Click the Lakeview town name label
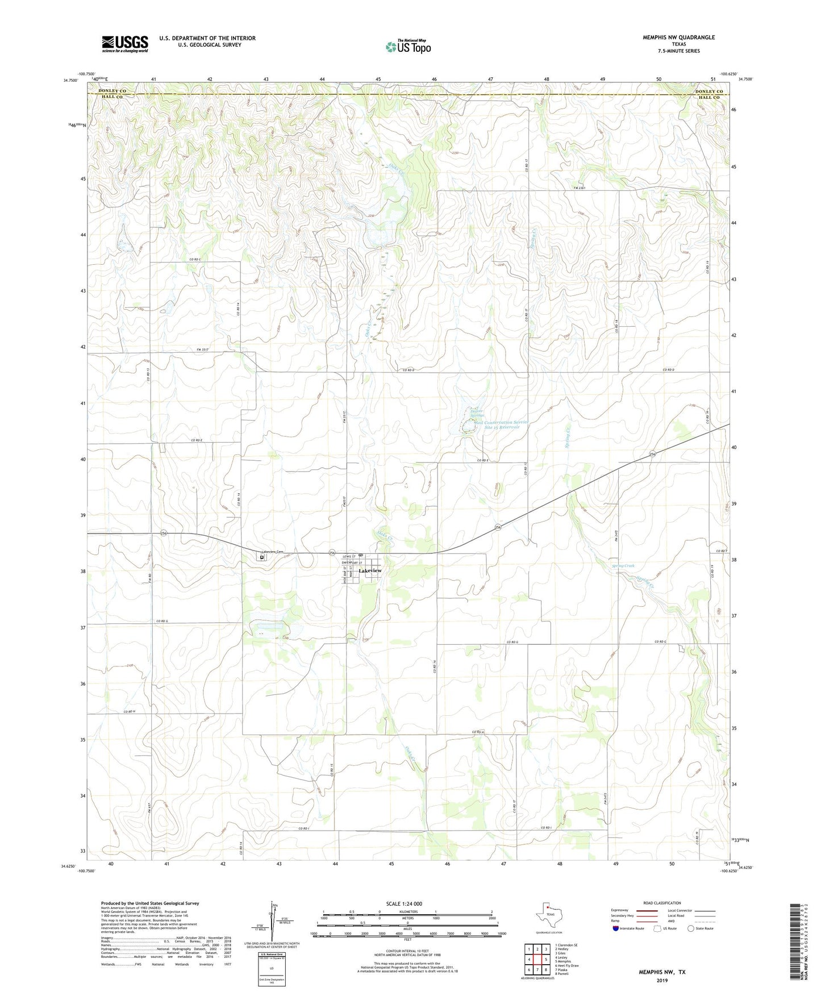tap(370, 570)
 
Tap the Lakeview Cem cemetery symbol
tap(262, 557)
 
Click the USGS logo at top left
tap(125, 44)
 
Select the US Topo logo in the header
tap(408, 47)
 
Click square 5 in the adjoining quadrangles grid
tap(537, 960)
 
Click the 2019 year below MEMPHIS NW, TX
tap(662, 980)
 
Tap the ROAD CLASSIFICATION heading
tap(662, 903)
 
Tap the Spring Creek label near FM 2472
tap(623, 566)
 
